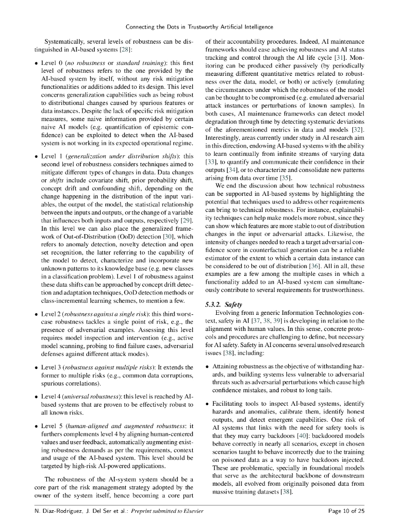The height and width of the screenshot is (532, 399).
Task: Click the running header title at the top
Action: (199, 26)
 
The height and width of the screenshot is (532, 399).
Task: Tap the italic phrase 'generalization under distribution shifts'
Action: (124, 156)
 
